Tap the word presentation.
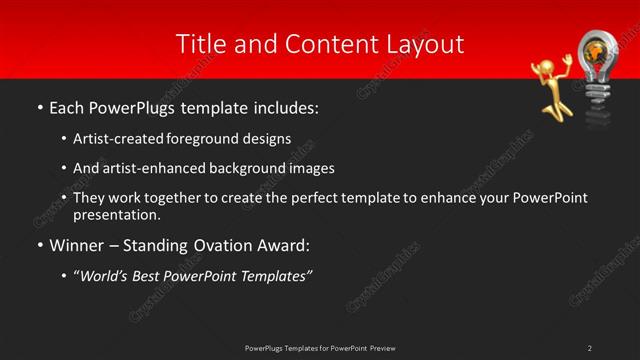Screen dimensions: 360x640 pyautogui.click(x=118, y=214)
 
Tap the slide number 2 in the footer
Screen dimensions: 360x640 pyautogui.click(x=590, y=348)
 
